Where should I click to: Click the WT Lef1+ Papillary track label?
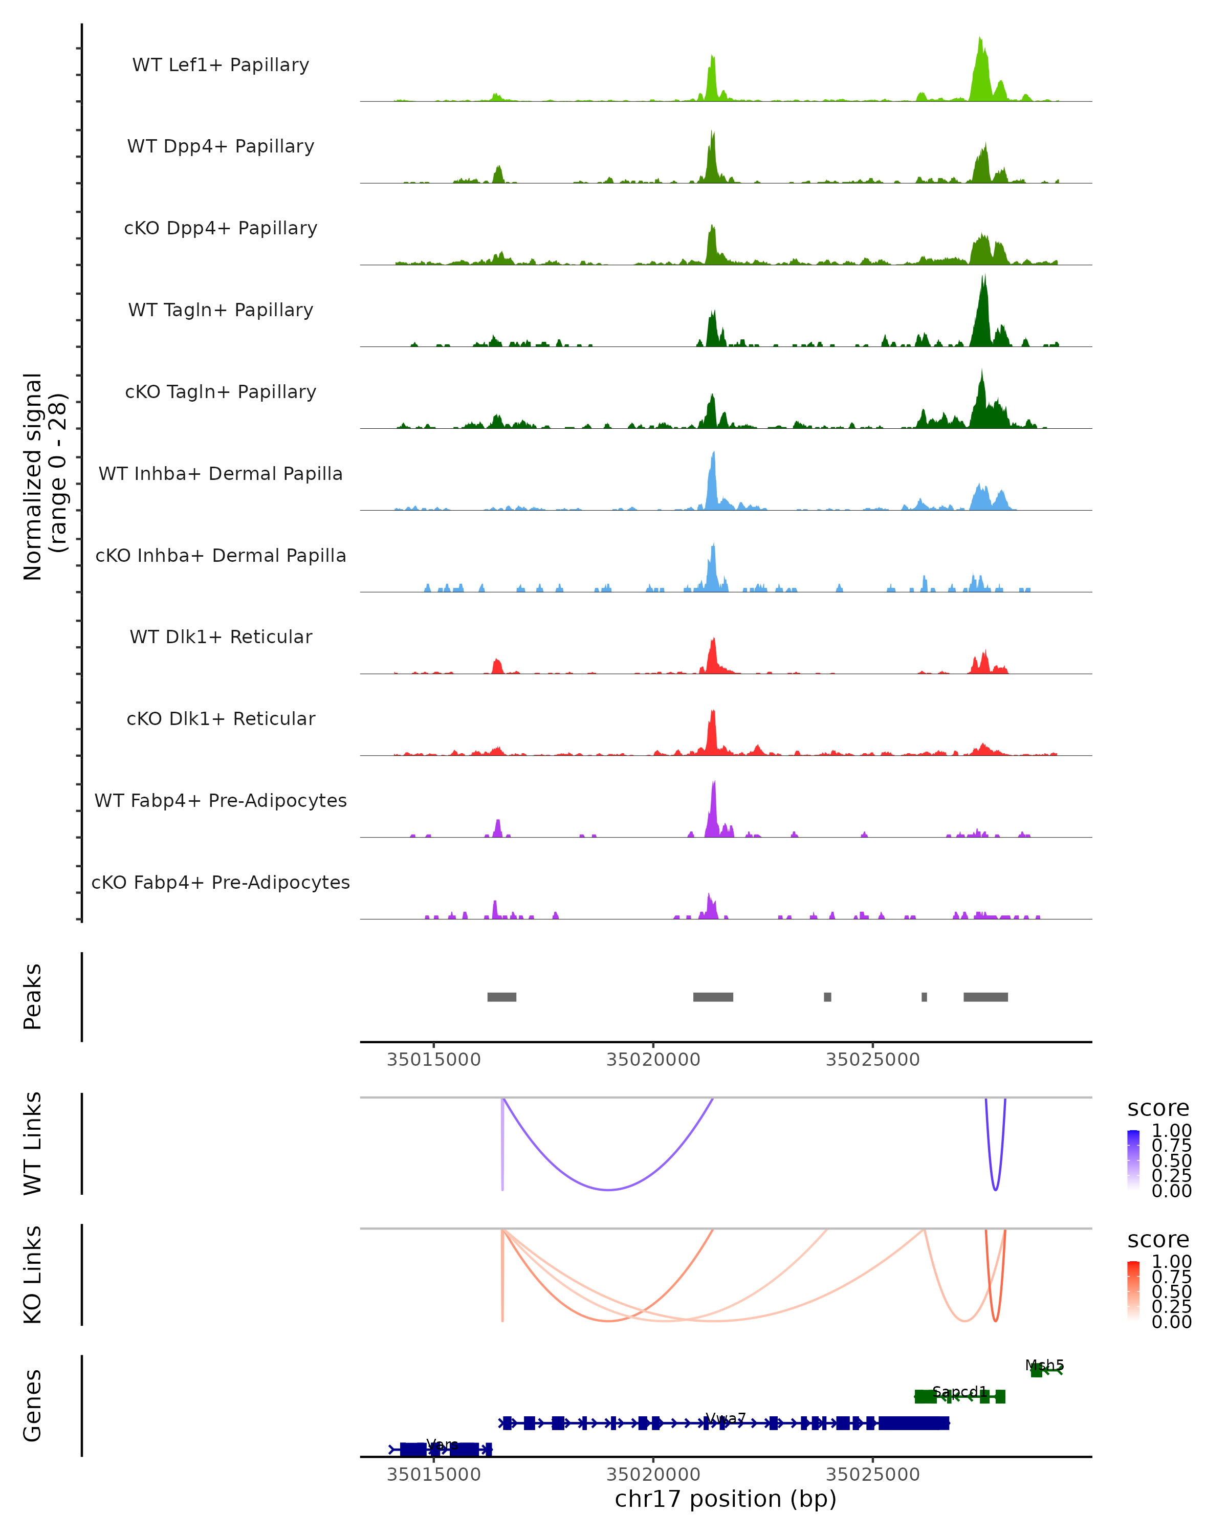[221, 65]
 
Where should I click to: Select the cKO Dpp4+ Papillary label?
[221, 229]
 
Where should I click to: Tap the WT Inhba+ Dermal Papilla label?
[221, 474]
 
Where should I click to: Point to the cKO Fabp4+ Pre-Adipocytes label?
[221, 883]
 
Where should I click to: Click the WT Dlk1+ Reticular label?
[221, 637]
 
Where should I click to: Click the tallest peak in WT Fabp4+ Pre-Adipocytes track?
[714, 784]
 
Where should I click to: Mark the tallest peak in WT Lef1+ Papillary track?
[980, 40]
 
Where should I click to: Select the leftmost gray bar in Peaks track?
[502, 997]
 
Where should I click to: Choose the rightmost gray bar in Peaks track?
[985, 997]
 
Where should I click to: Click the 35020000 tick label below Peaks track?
[653, 1060]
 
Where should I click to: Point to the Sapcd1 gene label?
[959, 1392]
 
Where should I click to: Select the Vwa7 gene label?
[726, 1418]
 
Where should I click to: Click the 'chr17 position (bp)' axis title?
[726, 1499]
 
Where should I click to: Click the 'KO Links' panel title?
[33, 1275]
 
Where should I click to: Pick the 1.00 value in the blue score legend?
[1172, 1131]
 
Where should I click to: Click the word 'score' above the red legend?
[1158, 1240]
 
